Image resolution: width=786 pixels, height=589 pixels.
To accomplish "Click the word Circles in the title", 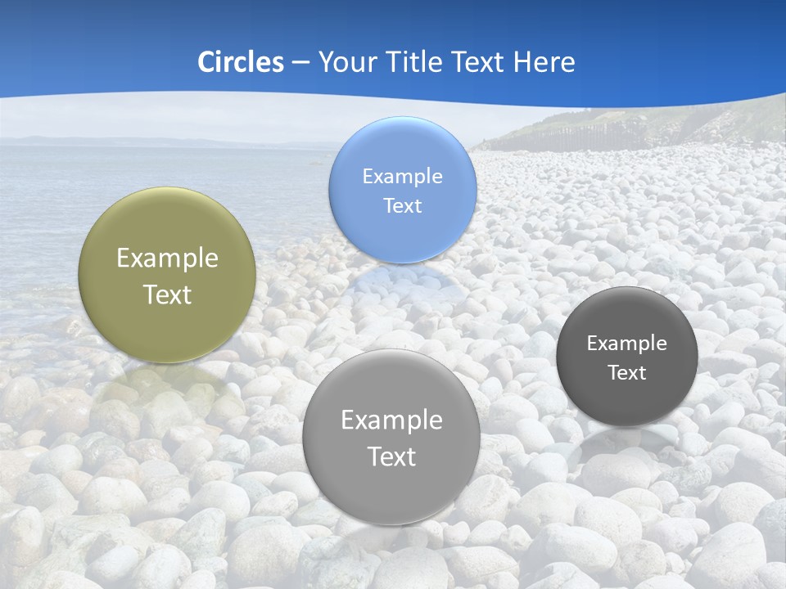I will coord(240,62).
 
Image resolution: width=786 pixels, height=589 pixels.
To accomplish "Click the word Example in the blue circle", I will coord(403,176).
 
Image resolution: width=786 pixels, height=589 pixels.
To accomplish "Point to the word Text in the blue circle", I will coord(403,205).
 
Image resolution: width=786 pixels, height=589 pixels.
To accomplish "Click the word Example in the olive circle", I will coord(167,258).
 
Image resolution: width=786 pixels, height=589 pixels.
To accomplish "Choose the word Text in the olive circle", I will coord(167,294).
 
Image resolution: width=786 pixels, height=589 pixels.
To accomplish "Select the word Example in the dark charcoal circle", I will coord(627,343).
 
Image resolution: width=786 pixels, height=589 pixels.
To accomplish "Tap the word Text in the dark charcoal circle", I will coord(627,372).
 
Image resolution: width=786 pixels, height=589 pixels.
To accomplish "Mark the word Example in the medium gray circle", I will coord(391,420).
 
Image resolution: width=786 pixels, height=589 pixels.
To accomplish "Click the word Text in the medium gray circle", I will coord(391,456).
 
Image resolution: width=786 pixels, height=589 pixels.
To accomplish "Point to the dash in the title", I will coord(300,63).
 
